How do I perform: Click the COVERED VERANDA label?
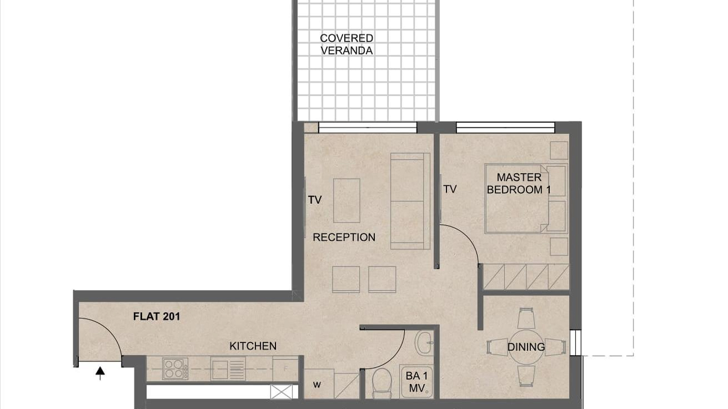click(347, 44)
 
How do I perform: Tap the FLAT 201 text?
click(157, 316)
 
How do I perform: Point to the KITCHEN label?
click(253, 346)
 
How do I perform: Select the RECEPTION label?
click(344, 237)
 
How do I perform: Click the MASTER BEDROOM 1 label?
click(519, 183)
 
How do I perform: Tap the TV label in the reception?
click(315, 200)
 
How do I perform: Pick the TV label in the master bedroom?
click(450, 189)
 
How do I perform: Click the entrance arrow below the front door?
click(100, 373)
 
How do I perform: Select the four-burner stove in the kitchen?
click(175, 369)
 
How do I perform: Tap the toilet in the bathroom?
click(382, 383)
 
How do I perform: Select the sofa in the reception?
click(410, 201)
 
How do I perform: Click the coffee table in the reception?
click(347, 201)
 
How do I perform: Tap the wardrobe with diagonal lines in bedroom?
click(526, 277)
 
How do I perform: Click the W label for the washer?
click(317, 385)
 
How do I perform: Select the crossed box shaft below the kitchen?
click(281, 392)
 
